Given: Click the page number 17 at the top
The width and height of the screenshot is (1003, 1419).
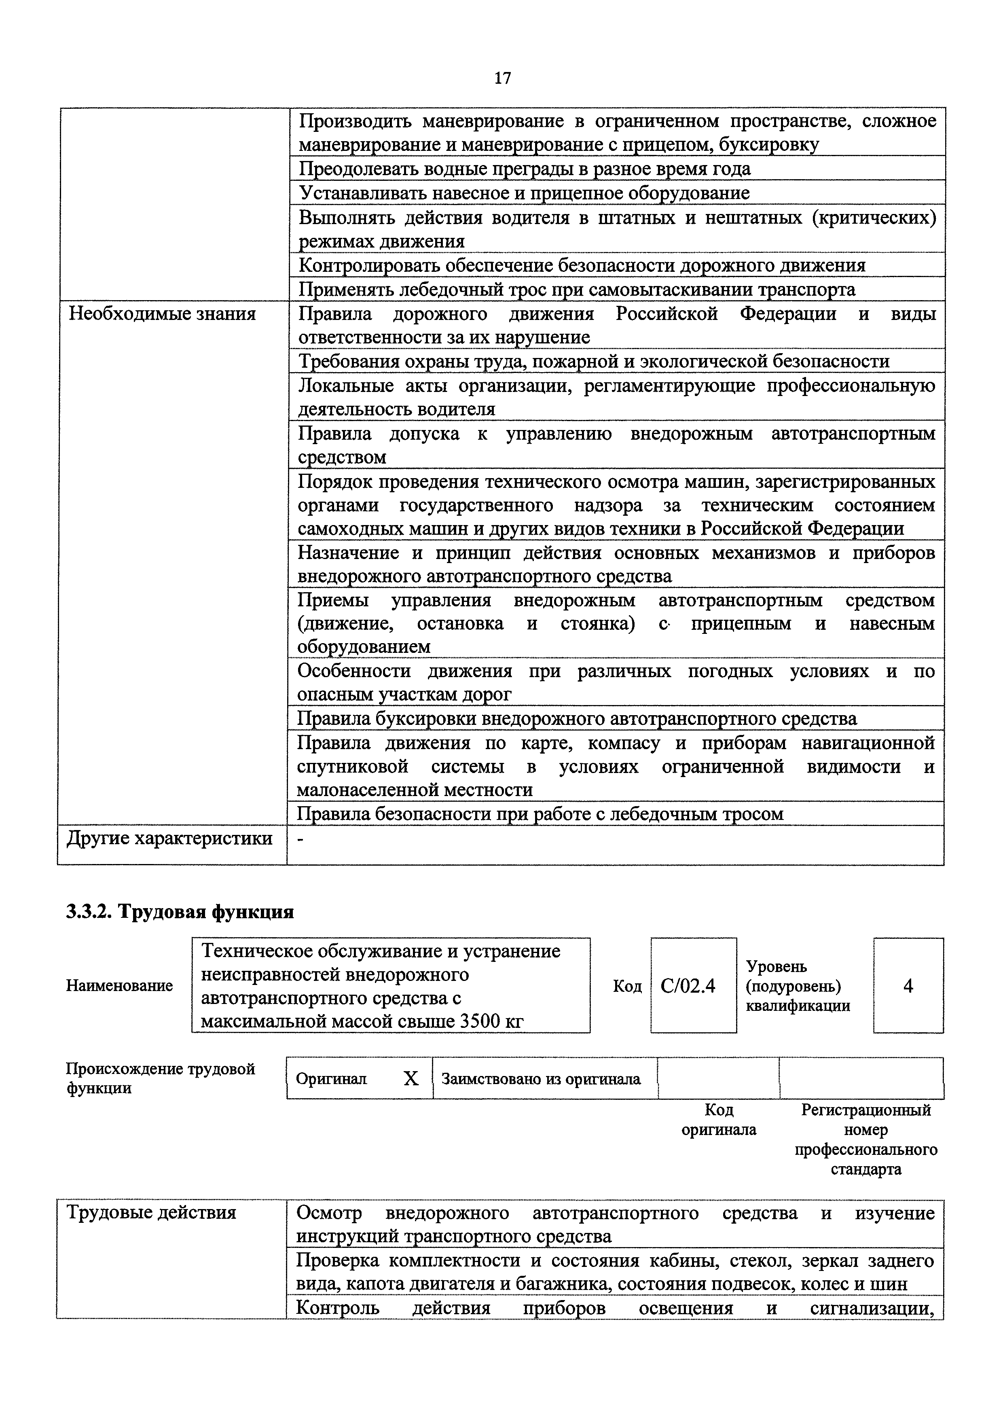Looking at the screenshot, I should pyautogui.click(x=502, y=78).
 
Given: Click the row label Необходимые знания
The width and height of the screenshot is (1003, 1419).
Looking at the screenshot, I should pyautogui.click(x=162, y=314).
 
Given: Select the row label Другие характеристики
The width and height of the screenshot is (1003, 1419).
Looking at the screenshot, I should pyautogui.click(x=169, y=838).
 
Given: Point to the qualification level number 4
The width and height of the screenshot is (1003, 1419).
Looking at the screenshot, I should pyautogui.click(x=908, y=986).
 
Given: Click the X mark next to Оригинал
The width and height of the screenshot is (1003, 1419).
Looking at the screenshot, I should pyautogui.click(x=411, y=1078).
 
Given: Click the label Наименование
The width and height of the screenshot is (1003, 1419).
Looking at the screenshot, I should pyautogui.click(x=119, y=986).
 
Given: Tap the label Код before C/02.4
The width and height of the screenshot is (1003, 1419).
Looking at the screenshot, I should pyautogui.click(x=627, y=986).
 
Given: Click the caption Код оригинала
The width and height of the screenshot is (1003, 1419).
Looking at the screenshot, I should pyautogui.click(x=718, y=1120).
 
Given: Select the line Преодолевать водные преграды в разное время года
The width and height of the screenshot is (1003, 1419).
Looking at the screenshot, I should pyautogui.click(x=525, y=169).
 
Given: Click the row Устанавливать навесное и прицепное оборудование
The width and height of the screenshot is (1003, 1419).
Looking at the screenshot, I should pyautogui.click(x=524, y=193).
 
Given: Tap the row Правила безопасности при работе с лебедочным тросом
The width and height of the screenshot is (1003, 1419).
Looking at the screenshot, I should pyautogui.click(x=540, y=814).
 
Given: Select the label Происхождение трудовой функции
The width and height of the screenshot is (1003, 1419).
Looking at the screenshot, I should pyautogui.click(x=160, y=1078).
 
